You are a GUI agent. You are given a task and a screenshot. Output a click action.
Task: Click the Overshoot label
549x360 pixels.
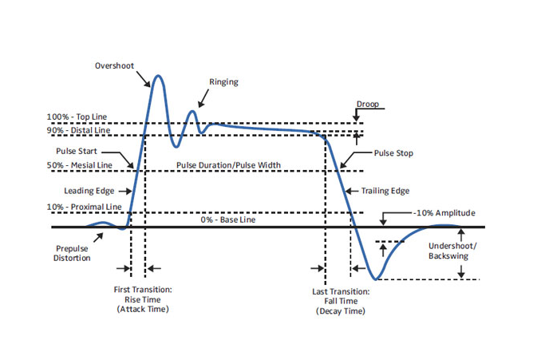113,65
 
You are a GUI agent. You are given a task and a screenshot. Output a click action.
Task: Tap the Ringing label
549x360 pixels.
223,82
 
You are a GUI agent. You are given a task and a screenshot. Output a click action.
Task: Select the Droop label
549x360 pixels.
368,104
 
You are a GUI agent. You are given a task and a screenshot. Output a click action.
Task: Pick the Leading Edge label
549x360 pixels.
89,191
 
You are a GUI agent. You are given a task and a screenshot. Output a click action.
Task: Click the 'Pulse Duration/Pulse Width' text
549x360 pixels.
229,166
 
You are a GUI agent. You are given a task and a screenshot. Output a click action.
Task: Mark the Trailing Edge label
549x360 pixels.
387,191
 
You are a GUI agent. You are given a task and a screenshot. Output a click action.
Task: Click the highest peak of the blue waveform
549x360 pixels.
158,76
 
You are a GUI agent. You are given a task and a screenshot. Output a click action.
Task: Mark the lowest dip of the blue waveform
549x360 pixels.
377,279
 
